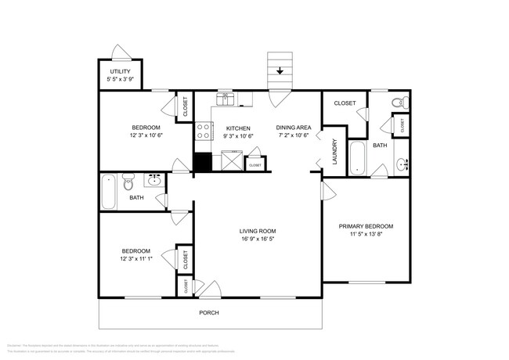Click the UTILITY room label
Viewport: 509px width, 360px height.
tap(120, 72)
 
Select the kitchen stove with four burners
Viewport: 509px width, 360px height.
tap(203, 131)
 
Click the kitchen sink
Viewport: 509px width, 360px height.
tap(226, 99)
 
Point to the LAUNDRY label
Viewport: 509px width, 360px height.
tap(334, 150)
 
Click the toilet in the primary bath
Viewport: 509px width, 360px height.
tap(397, 101)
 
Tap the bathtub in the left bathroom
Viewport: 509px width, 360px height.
tap(108, 192)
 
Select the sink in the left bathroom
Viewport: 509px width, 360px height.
tap(153, 181)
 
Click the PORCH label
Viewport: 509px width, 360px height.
tap(209, 313)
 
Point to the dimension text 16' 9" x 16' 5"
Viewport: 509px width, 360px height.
tap(258, 239)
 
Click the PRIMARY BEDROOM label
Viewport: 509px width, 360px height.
tap(366, 226)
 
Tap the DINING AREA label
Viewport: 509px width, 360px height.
tap(294, 127)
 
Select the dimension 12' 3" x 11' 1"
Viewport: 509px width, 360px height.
tap(141, 259)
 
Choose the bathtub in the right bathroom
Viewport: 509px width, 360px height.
tap(356, 157)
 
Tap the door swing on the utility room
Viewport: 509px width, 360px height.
tap(121, 53)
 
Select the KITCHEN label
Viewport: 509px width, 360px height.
tap(238, 127)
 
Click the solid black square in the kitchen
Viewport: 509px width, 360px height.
tap(203, 162)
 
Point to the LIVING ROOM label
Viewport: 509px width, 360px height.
tap(258, 231)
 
